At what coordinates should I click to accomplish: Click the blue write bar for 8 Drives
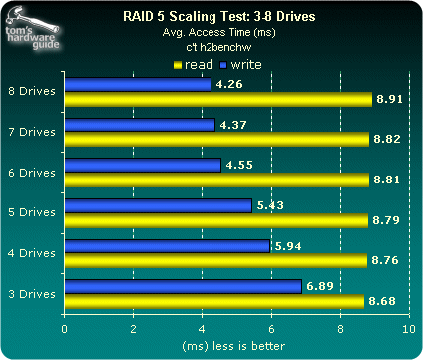[137, 85]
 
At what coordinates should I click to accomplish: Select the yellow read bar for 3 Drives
[213, 301]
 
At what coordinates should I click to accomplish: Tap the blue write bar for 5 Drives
[158, 205]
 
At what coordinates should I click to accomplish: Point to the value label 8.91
[386, 99]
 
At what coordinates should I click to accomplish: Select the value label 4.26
[228, 85]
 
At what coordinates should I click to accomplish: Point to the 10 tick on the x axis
[407, 326]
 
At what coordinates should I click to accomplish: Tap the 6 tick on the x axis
[270, 326]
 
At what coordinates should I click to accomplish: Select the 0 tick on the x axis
[65, 326]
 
